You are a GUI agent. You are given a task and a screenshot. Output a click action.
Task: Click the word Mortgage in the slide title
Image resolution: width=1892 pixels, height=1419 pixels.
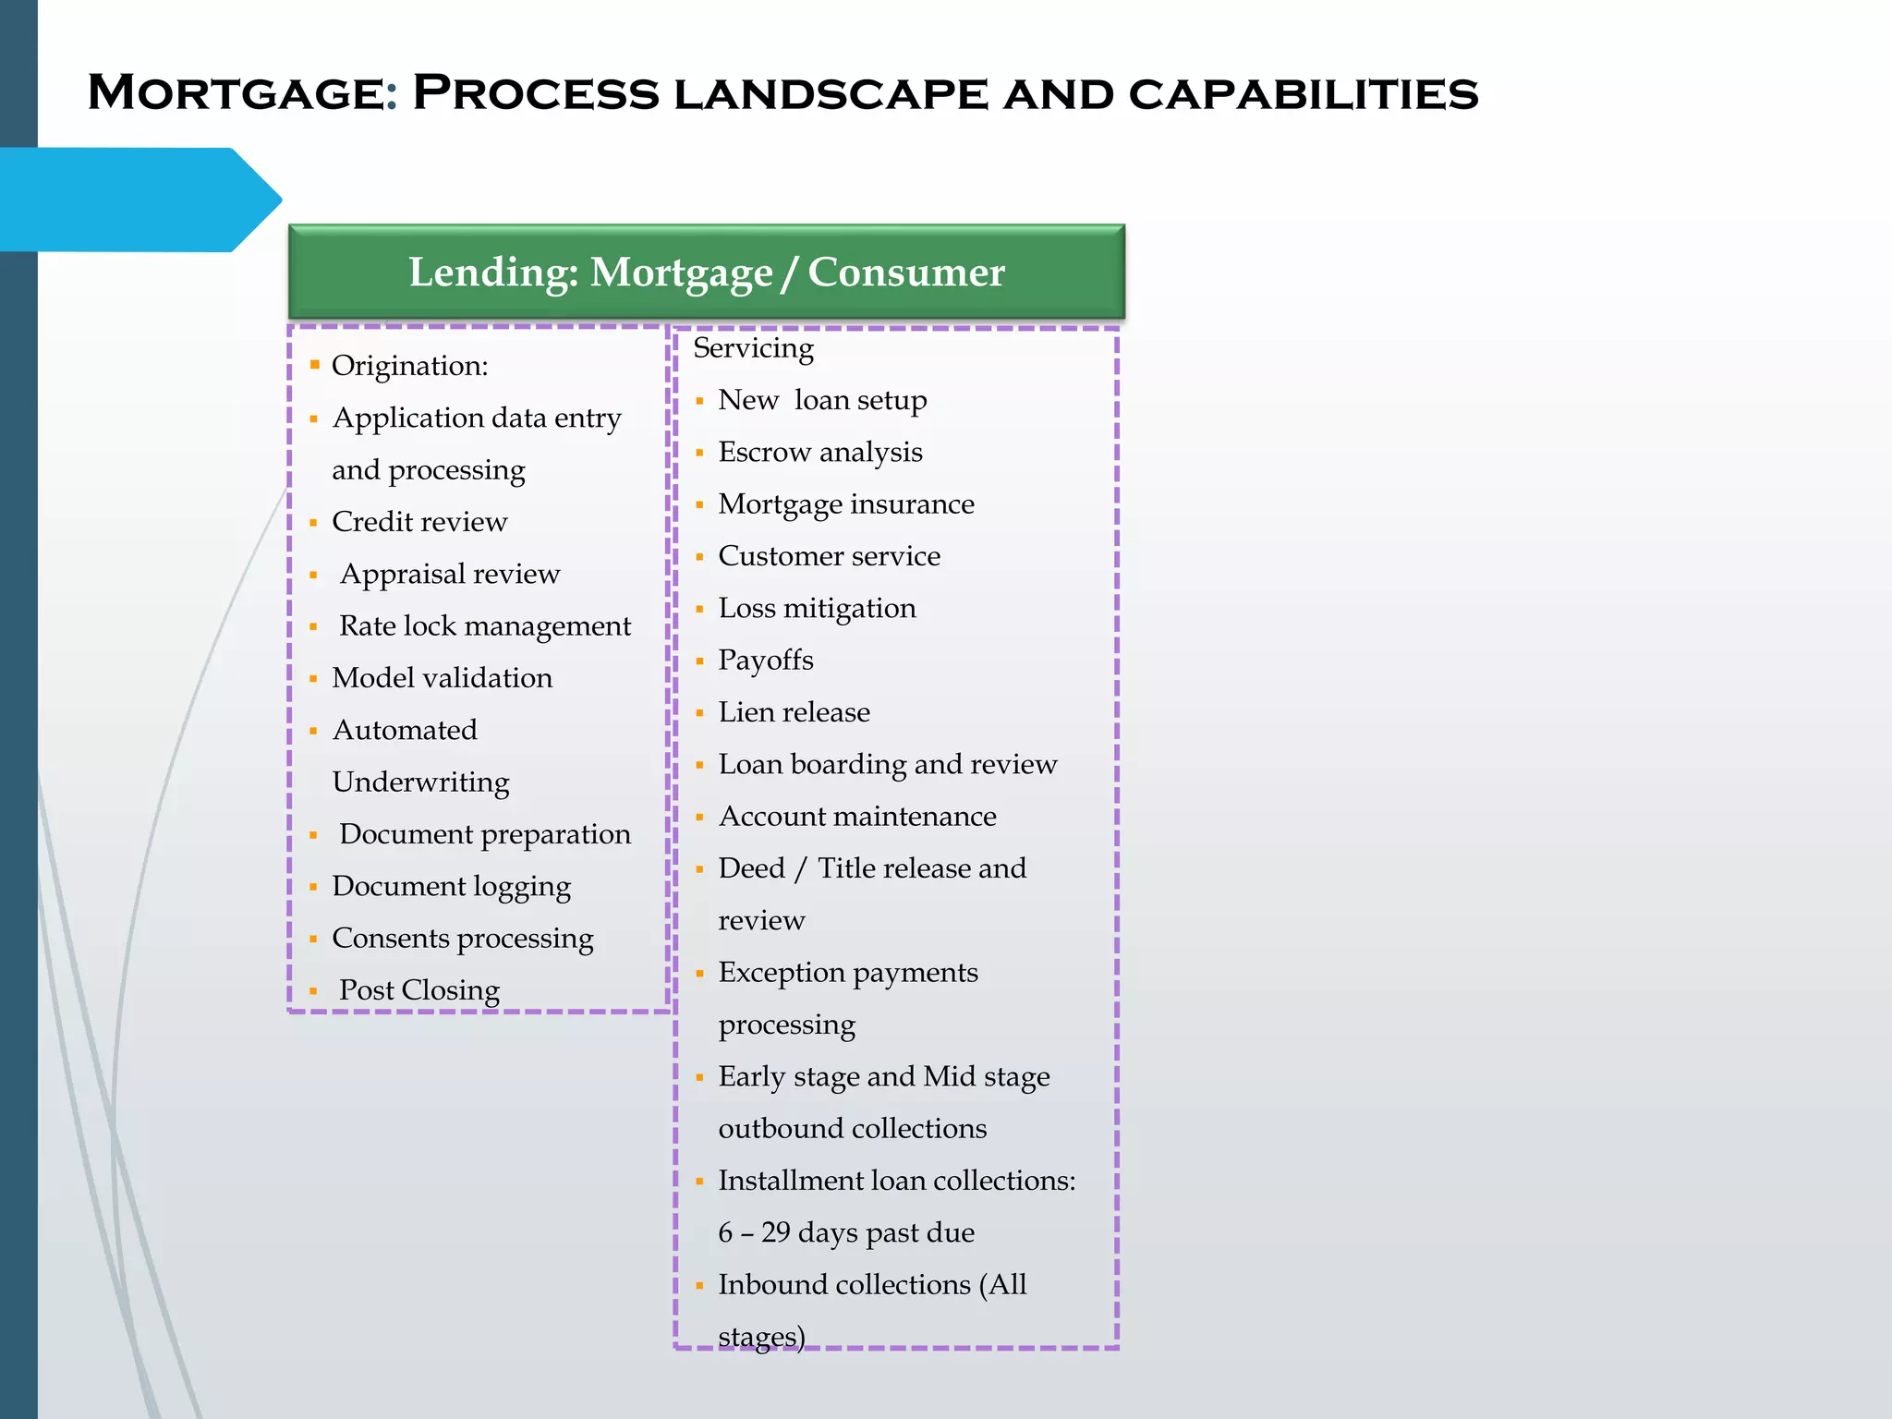236,94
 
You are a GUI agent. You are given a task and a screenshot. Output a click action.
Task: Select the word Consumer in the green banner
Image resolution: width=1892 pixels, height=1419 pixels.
905,273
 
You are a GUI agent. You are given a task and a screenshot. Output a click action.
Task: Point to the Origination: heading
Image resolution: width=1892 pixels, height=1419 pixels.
409,366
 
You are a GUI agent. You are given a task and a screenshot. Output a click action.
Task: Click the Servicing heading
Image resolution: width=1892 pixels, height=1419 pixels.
753,348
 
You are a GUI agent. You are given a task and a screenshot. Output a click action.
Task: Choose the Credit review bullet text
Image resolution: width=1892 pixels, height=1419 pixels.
419,522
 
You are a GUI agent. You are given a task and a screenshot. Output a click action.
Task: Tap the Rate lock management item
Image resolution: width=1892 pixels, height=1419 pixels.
485,626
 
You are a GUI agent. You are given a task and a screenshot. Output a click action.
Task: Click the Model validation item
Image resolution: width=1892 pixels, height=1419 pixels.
442,678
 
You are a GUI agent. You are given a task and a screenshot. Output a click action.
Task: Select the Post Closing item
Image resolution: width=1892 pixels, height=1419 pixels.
418,990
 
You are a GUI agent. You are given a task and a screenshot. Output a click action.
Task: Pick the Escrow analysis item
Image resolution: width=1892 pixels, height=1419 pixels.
820,453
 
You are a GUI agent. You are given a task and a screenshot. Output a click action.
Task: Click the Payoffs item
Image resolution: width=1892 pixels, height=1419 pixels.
766,661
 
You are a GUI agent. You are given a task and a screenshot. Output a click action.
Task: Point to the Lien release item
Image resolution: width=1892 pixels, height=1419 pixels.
794,712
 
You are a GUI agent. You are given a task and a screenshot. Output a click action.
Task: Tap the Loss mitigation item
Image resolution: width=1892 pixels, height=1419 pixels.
817,609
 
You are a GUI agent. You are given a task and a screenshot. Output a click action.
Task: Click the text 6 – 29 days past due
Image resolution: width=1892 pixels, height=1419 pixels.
846,1233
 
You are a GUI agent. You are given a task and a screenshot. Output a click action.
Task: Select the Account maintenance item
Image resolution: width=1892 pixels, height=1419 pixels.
857,817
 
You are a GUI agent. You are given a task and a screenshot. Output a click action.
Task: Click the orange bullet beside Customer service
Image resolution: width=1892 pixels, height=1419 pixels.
699,557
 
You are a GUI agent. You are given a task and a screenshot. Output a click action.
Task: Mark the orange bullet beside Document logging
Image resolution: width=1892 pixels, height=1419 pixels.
313,887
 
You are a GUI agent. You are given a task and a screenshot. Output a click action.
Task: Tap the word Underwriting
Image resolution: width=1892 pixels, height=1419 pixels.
420,782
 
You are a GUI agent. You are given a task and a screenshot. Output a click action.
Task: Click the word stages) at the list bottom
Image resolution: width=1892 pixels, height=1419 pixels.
761,1337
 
